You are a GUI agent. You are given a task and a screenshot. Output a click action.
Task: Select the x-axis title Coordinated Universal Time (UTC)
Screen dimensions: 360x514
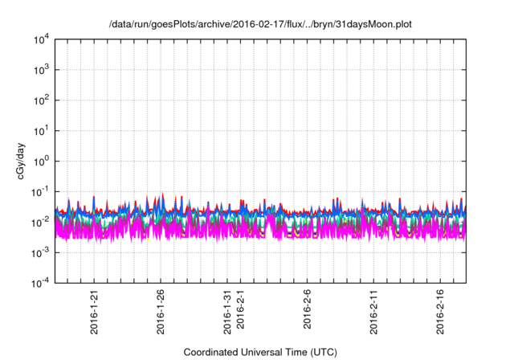[260, 352]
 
